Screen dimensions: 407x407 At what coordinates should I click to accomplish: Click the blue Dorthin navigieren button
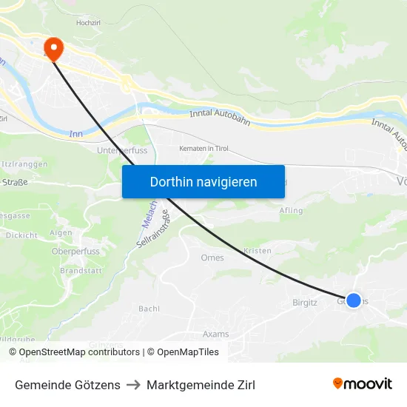[203, 181]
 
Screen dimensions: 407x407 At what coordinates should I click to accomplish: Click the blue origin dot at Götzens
[354, 300]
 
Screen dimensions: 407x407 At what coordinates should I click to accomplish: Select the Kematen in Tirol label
[204, 149]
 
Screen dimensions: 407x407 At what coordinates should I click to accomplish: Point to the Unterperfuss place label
[122, 150]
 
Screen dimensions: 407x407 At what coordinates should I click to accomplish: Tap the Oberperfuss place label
[75, 251]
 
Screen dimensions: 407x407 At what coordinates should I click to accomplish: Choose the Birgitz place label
[305, 302]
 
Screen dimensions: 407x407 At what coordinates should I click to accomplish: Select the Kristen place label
[258, 251]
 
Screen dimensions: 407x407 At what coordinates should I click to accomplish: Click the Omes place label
[212, 258]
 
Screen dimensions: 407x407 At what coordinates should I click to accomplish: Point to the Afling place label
[292, 211]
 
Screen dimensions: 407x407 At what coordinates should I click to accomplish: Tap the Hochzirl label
[88, 24]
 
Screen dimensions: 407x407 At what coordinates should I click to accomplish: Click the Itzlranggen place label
[25, 163]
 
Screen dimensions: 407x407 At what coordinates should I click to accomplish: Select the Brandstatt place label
[80, 271]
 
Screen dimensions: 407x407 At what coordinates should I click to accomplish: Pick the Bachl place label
[149, 308]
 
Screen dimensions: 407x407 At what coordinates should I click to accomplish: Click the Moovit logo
[362, 383]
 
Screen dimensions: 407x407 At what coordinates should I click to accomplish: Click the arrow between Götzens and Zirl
[133, 385]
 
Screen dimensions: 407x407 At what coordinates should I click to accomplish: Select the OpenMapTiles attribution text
[183, 352]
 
